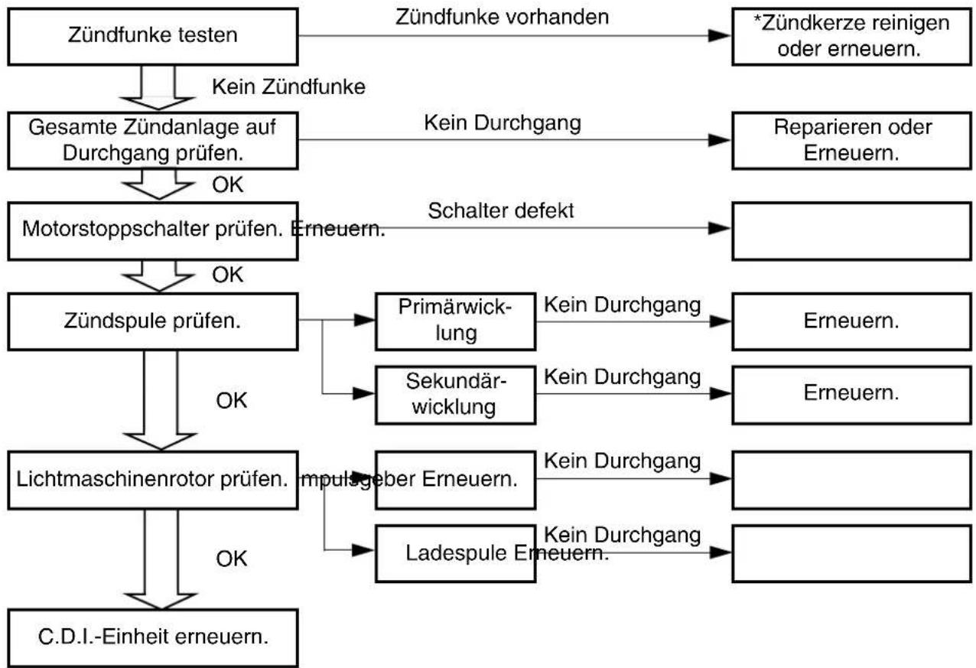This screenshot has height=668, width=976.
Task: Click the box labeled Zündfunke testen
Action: click(152, 37)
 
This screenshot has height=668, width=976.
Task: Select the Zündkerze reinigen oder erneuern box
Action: click(851, 37)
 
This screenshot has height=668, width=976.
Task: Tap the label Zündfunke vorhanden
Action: click(502, 18)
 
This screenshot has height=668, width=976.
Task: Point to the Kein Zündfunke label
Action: click(288, 86)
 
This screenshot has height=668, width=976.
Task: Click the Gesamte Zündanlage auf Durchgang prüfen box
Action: click(152, 140)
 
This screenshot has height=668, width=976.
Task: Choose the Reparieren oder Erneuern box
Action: click(851, 140)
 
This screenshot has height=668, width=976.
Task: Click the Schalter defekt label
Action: click(501, 211)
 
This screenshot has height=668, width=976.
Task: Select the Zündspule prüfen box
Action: click(152, 321)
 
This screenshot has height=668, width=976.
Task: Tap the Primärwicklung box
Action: click(455, 321)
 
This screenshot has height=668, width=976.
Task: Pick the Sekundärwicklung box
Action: click(455, 395)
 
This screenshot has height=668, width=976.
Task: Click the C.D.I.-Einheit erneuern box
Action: click(152, 637)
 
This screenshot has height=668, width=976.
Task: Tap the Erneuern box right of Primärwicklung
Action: click(851, 321)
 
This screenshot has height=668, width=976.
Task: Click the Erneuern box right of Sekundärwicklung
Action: click(851, 395)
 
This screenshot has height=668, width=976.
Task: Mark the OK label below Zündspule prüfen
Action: click(231, 400)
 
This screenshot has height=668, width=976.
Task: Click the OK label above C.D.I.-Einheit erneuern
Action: click(231, 559)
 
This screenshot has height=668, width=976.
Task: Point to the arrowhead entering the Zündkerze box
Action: click(720, 36)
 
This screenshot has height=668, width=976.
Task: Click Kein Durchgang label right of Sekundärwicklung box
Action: click(622, 377)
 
